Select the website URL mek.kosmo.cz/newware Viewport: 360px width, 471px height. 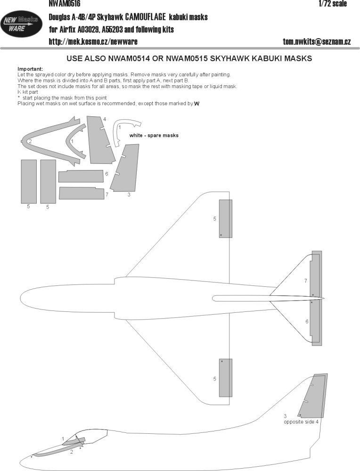pos(93,41)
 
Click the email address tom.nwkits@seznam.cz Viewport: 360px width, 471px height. pos(316,41)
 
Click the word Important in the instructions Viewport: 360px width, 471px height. pos(30,69)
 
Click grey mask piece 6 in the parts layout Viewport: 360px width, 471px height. pos(81,176)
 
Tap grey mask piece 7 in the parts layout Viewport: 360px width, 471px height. pos(81,193)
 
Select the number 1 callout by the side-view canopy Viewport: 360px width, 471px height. pos(63,439)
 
